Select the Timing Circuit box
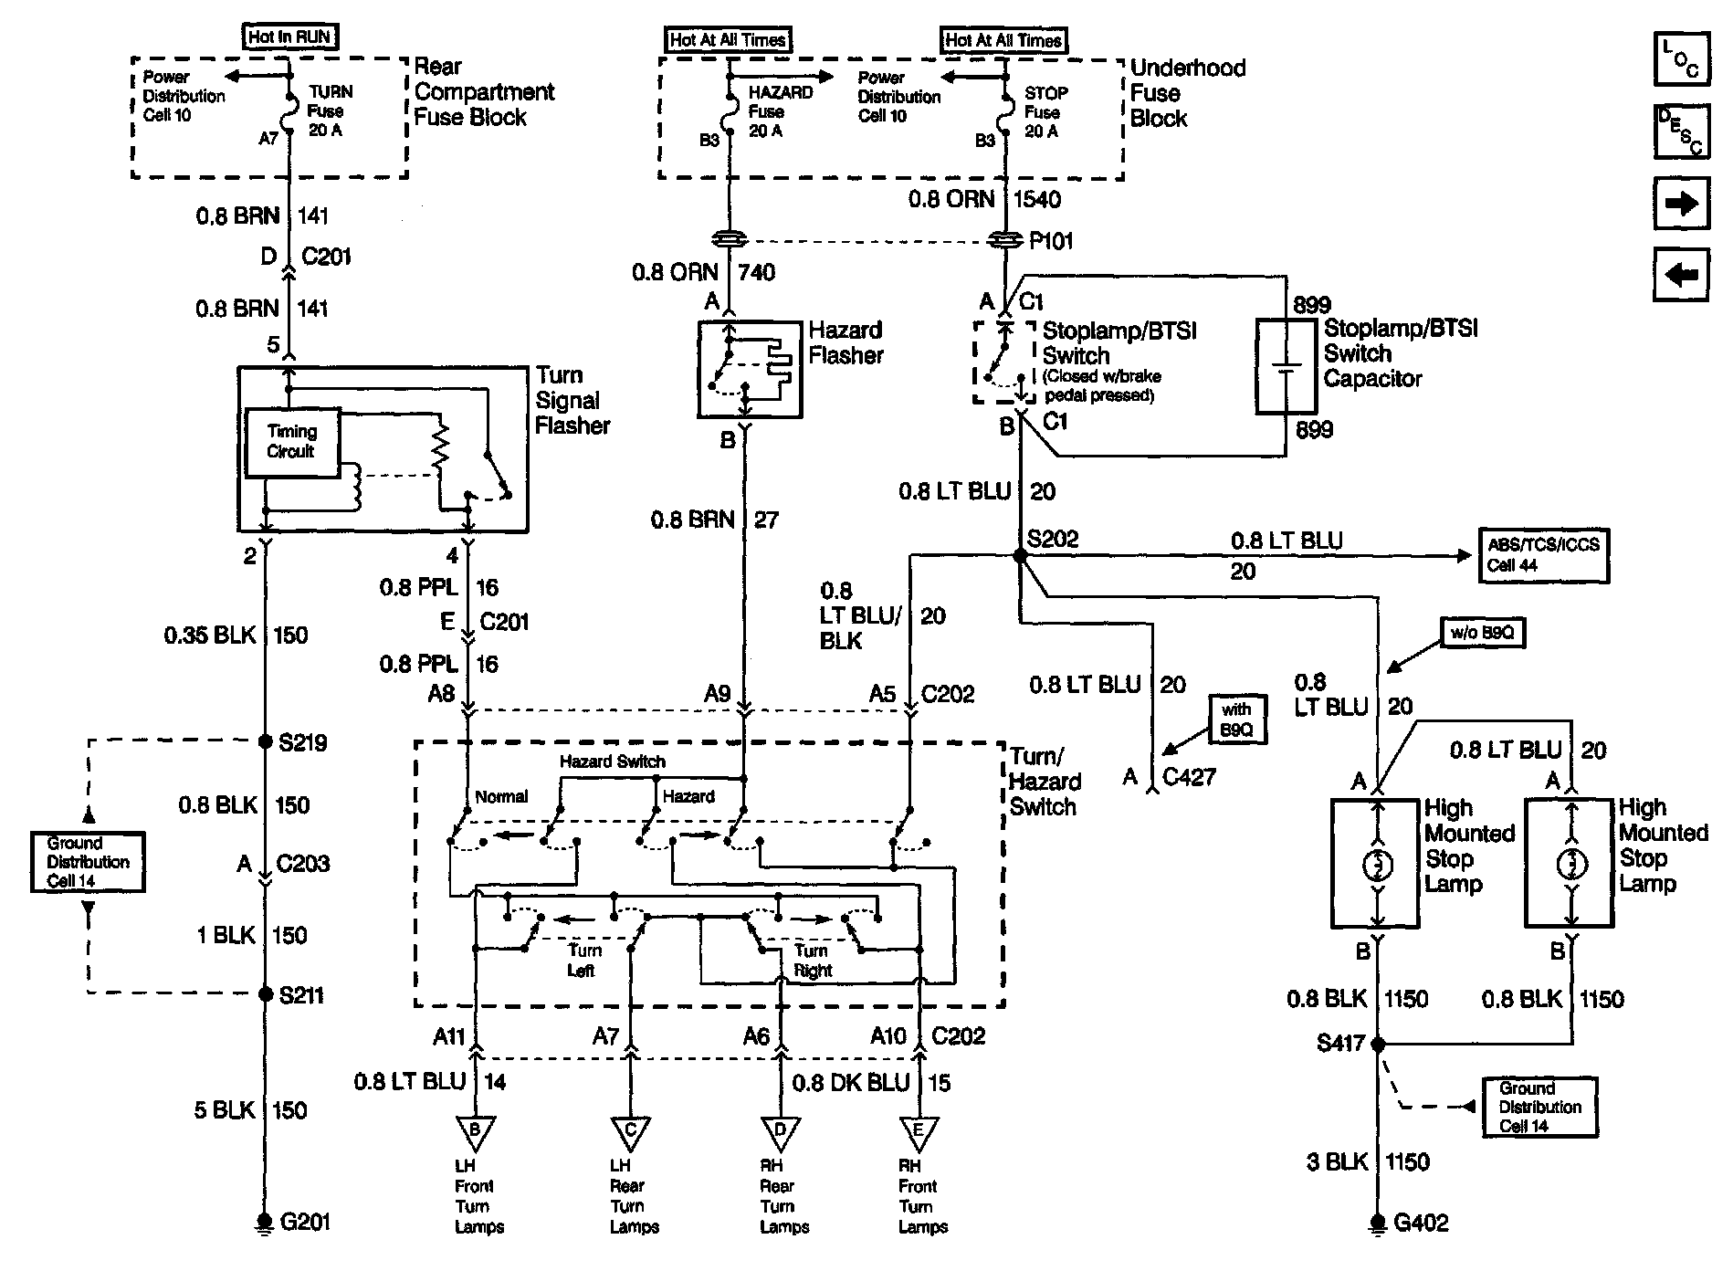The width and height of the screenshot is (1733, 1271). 293,442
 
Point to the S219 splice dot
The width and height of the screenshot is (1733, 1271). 266,741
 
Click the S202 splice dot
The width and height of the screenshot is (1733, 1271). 1020,555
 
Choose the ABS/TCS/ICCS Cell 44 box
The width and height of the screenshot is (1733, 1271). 1543,555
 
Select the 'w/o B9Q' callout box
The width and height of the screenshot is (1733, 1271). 1483,632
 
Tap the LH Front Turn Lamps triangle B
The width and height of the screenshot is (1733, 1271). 475,1131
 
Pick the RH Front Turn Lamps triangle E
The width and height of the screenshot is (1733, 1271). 919,1131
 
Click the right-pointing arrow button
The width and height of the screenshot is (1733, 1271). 1681,203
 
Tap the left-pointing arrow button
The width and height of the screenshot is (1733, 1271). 1681,274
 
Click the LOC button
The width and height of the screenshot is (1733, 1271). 1681,58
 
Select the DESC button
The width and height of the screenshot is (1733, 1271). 1681,131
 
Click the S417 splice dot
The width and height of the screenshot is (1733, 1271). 1379,1043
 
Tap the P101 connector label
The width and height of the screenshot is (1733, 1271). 1051,241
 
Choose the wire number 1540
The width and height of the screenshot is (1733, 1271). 1037,199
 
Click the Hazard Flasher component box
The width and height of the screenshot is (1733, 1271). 751,369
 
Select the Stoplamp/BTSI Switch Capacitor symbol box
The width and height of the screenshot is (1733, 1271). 1287,366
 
